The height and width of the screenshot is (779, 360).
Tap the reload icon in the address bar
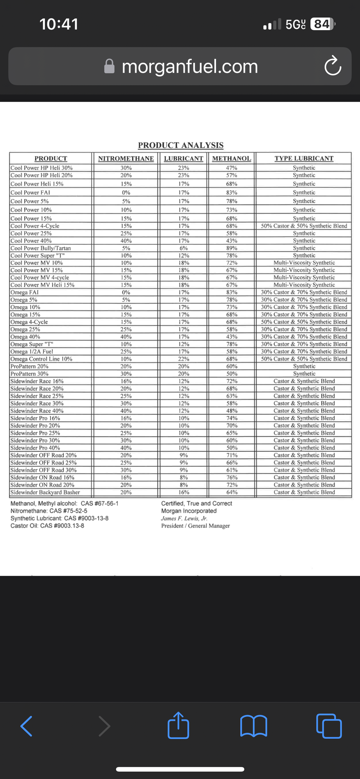333,66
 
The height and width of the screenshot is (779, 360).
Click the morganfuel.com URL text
190,67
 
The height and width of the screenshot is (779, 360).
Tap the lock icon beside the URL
110,67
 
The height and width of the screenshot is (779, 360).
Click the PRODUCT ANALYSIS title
181,145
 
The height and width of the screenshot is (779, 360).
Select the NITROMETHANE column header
126,158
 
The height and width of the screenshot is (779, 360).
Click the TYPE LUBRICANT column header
304,158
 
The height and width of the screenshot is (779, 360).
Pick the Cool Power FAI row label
31,193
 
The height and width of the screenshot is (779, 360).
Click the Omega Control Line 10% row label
41,359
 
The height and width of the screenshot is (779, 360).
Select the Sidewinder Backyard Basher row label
45,492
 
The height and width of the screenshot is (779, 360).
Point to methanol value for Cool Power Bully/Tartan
232,248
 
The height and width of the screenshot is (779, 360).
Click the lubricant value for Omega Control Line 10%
184,359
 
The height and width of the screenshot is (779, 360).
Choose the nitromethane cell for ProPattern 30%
126,374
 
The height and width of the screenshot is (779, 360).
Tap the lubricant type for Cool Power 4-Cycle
304,226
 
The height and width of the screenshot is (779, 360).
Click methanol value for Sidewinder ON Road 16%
232,477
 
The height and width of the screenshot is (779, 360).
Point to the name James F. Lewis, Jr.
184,518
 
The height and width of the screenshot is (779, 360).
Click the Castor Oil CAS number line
47,526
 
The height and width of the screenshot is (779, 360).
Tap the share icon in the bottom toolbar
178,725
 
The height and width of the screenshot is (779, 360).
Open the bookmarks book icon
254,726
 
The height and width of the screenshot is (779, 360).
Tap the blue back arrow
27,726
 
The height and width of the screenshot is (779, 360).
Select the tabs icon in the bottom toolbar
329,726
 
